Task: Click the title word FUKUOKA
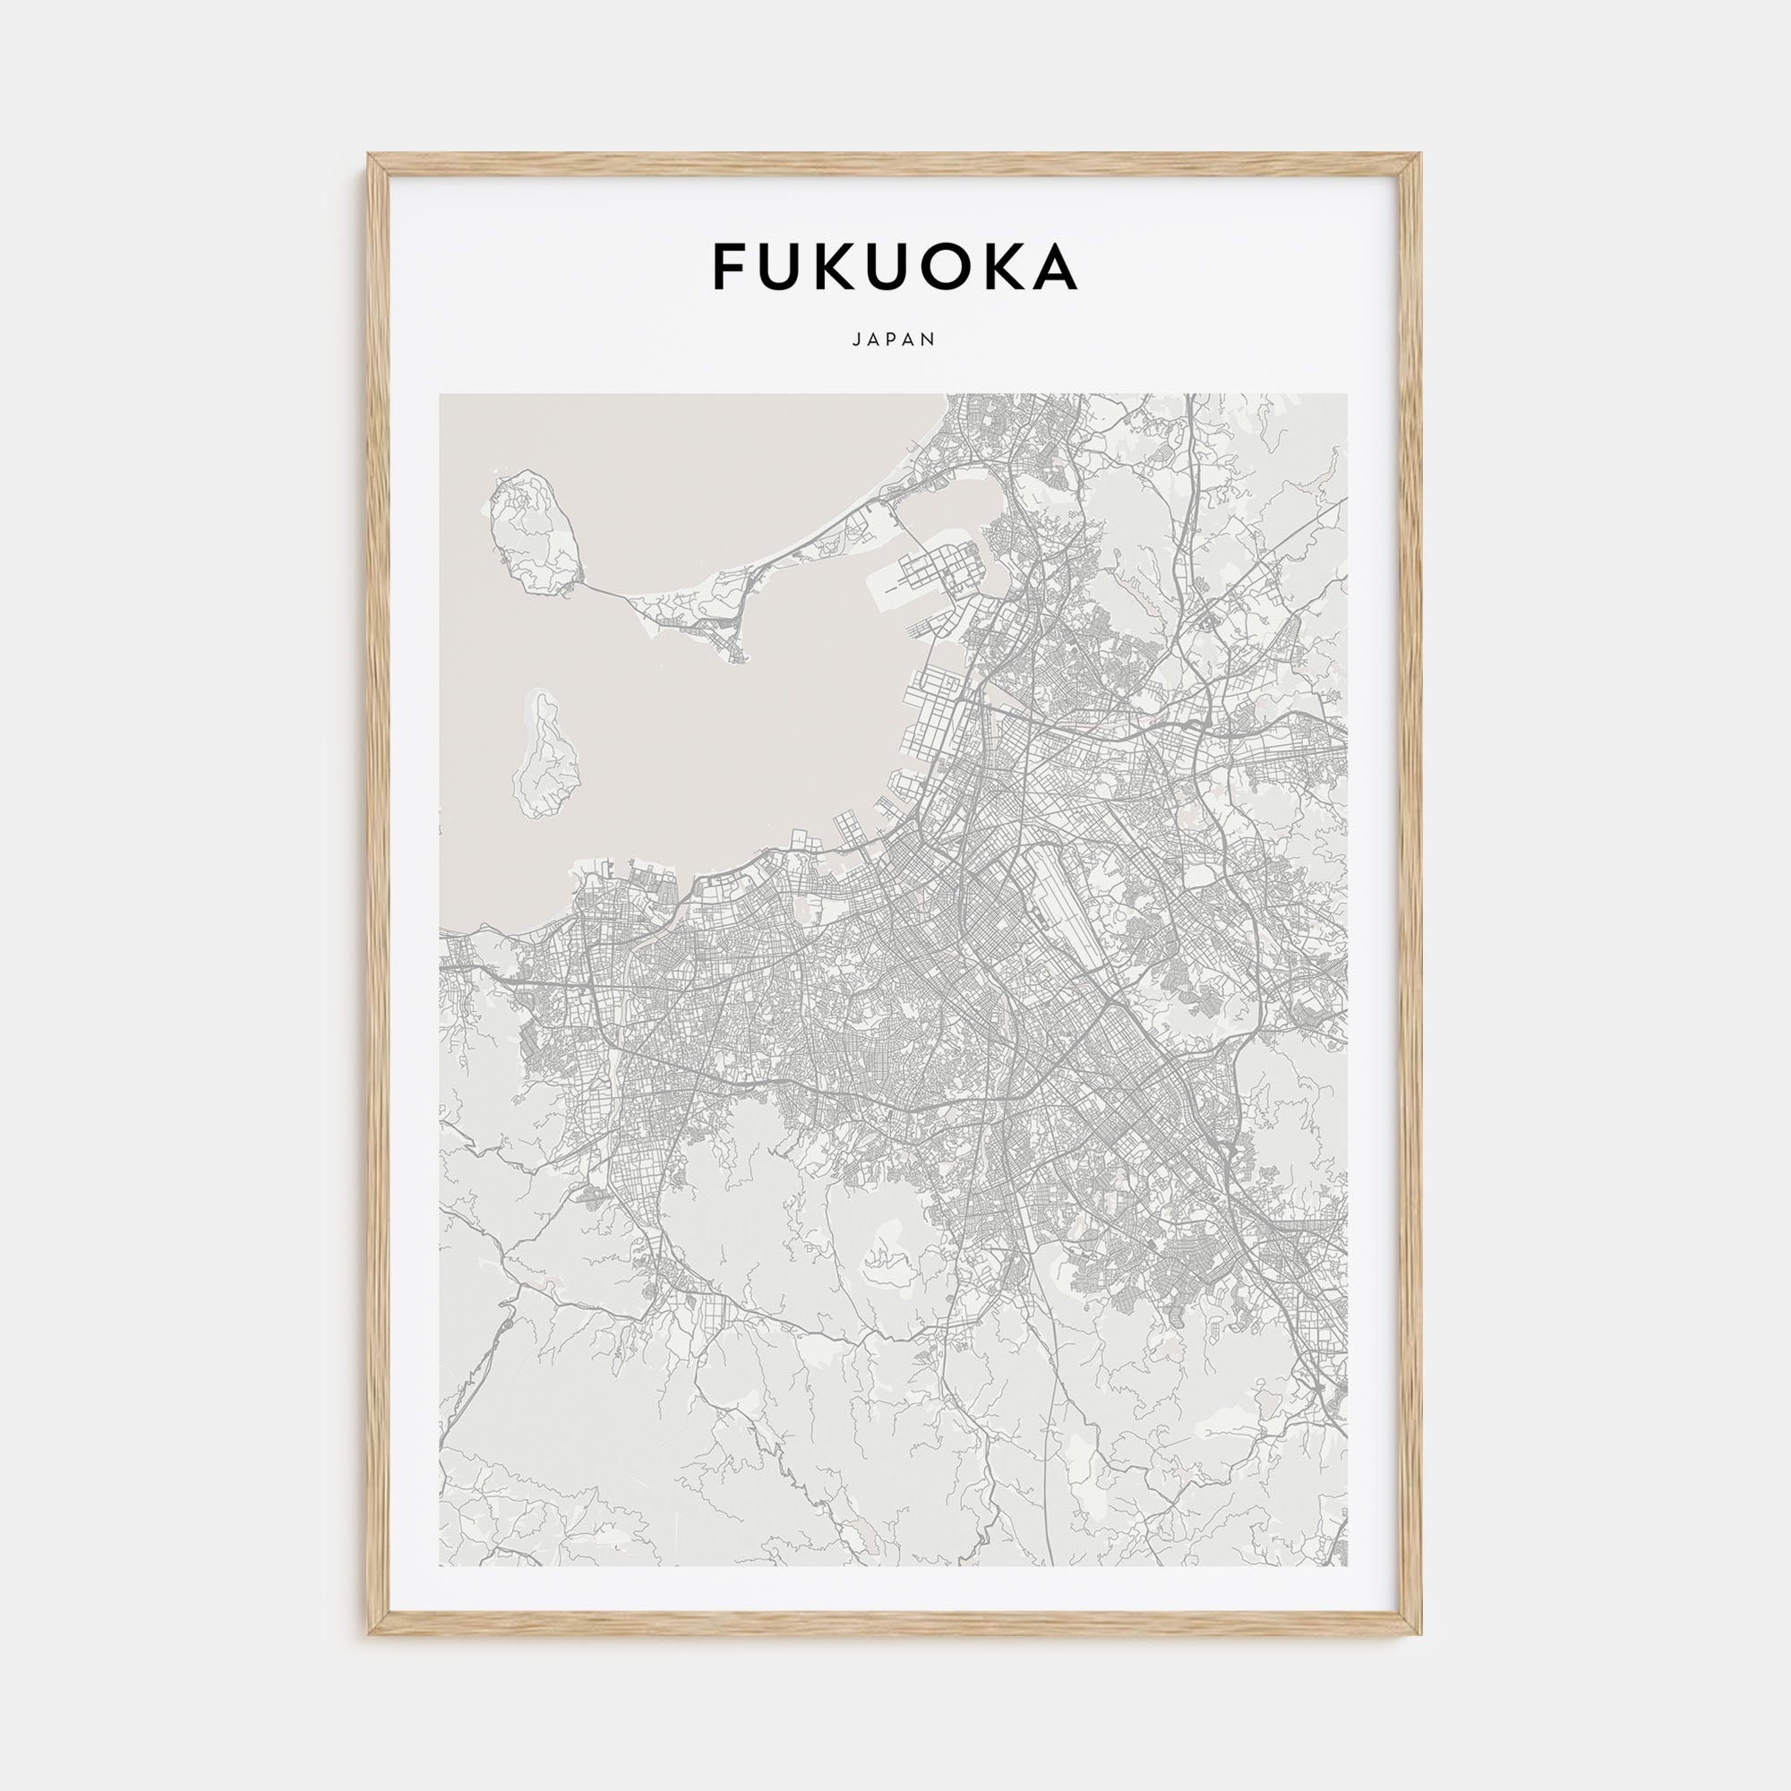click(895, 267)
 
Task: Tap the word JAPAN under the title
click(895, 340)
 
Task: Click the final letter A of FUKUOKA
click(1054, 267)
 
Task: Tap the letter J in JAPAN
click(855, 340)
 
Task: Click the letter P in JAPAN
click(894, 340)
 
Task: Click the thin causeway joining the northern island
click(607, 589)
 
